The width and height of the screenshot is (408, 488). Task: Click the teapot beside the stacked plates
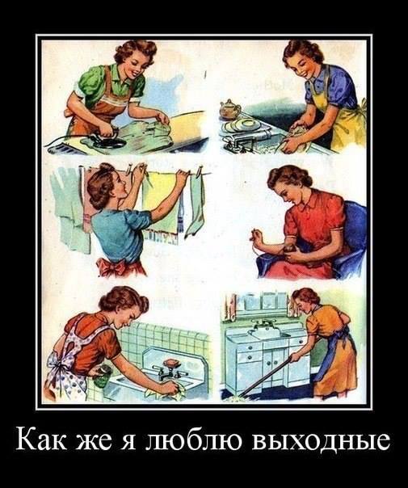click(x=230, y=109)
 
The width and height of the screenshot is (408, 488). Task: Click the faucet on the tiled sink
click(x=168, y=372)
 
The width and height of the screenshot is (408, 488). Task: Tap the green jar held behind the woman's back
click(x=102, y=376)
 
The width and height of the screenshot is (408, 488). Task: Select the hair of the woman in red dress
click(x=287, y=179)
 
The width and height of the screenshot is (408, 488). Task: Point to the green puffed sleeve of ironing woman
click(x=88, y=82)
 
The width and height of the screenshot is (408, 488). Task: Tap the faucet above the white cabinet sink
click(x=263, y=326)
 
